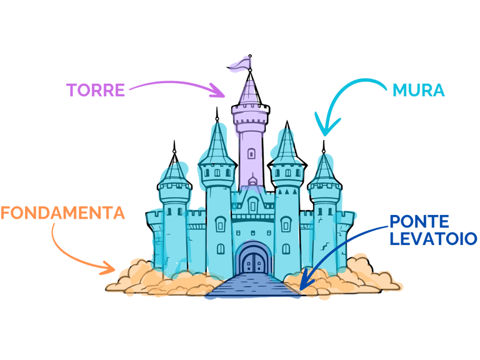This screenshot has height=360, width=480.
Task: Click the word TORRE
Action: pos(96,90)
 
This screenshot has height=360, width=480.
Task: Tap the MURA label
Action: pos(419,91)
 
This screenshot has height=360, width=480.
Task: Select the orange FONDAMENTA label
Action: pos(62,213)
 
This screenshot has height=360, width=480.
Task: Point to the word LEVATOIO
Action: pos(432,238)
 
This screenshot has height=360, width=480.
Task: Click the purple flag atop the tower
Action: pos(241,62)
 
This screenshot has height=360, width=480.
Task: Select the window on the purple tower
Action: pos(251,153)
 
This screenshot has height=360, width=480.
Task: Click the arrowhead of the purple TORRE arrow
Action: pos(220,94)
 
